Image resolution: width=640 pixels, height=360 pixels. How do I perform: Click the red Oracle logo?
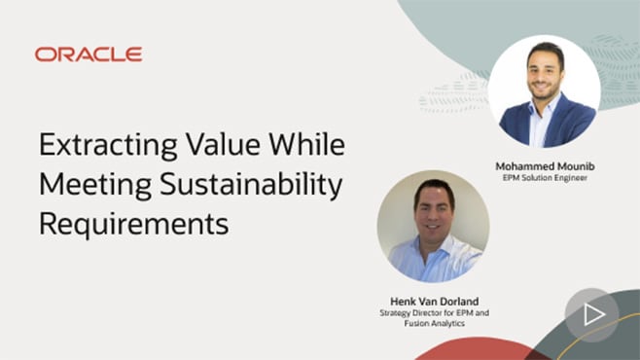89,54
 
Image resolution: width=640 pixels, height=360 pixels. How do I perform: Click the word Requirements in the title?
133,222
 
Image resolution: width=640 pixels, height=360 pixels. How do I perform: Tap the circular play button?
591,314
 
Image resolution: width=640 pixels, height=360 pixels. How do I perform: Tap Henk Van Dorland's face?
434,209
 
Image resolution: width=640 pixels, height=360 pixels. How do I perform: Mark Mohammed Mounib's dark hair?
542,54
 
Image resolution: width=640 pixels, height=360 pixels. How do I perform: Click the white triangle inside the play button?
593,314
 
